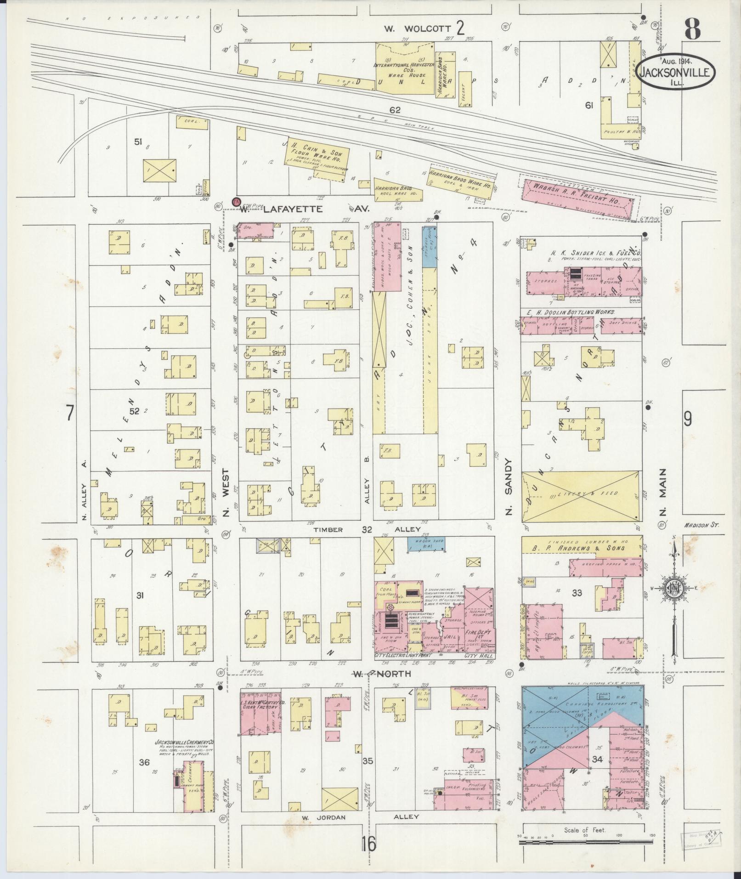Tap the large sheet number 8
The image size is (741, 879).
(x=692, y=28)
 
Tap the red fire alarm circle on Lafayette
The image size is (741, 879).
(x=237, y=202)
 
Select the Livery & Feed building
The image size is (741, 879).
(x=581, y=496)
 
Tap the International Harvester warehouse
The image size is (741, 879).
(x=405, y=69)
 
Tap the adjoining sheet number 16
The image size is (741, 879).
(x=368, y=843)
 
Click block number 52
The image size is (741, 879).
(x=134, y=411)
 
